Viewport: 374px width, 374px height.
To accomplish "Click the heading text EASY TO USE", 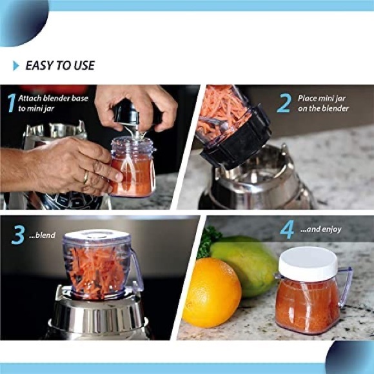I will (x=59, y=65).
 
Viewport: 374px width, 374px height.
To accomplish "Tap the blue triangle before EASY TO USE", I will (x=16, y=66).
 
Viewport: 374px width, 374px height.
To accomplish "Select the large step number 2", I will (x=284, y=103).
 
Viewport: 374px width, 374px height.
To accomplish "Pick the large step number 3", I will (x=18, y=235).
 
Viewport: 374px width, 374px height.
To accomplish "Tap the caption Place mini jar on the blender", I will (x=322, y=103).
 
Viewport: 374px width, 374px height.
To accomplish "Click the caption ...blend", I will (x=45, y=236).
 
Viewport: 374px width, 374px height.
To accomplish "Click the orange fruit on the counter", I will (x=212, y=292).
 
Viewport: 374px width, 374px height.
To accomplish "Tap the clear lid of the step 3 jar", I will (x=97, y=238).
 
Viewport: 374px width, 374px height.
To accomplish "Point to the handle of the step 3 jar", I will (x=137, y=271).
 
